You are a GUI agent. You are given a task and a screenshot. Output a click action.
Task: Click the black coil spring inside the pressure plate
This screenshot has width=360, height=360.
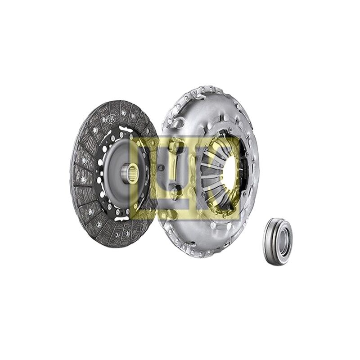click(x=244, y=170)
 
